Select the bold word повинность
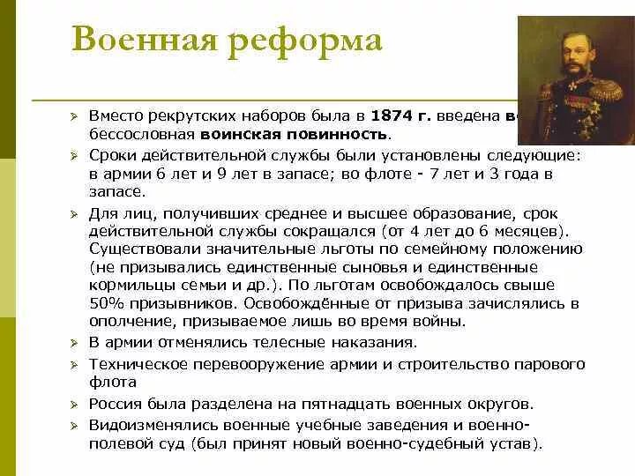(x=339, y=134)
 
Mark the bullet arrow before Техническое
(x=76, y=364)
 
